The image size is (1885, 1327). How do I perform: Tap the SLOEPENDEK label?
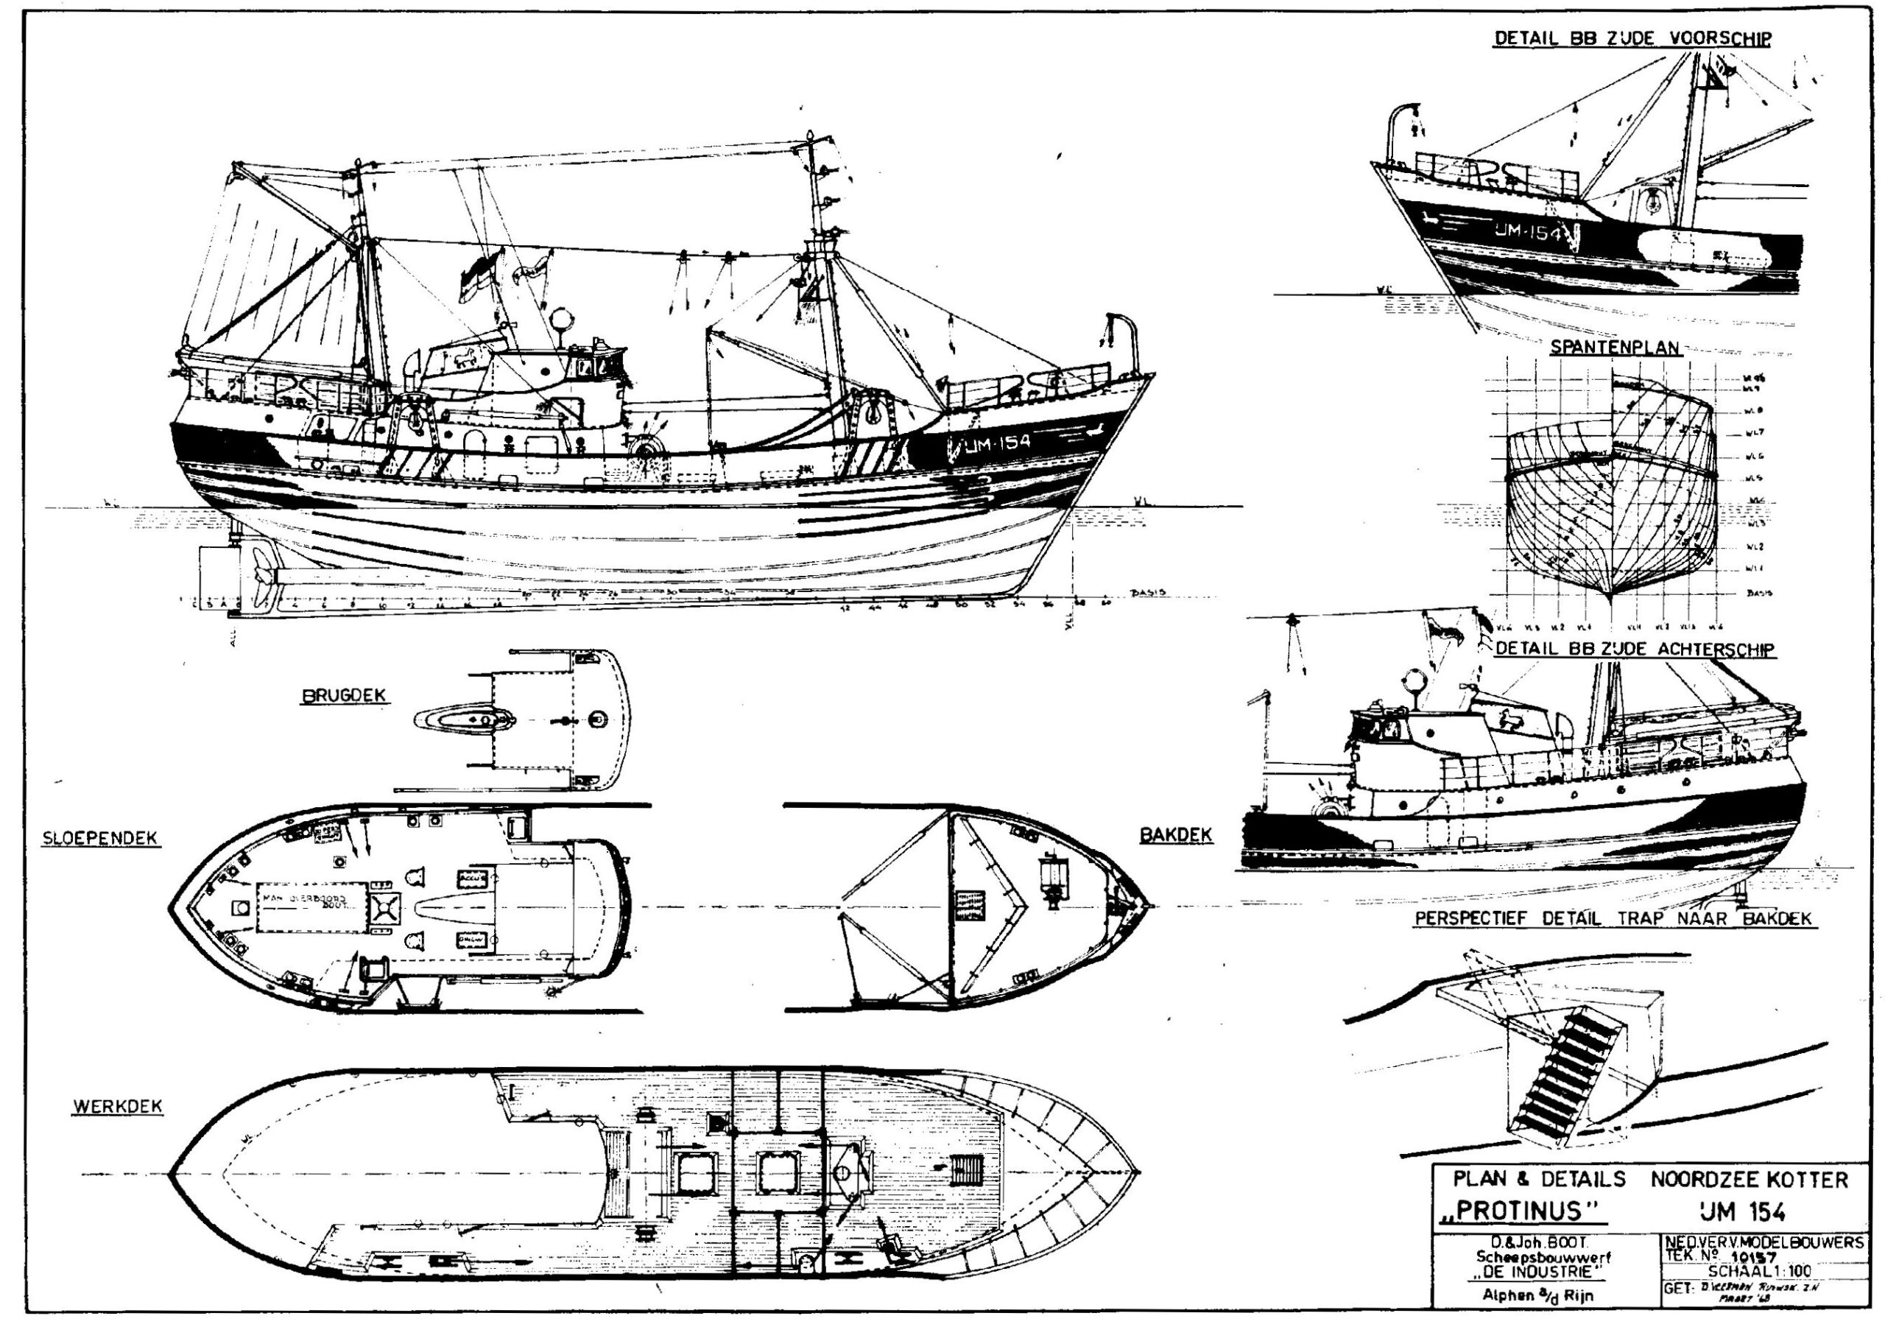tap(100, 839)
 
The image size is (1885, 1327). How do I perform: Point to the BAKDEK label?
tap(1176, 835)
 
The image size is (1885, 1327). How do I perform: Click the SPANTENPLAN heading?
tap(1615, 348)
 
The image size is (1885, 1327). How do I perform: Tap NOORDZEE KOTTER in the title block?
tap(1750, 1180)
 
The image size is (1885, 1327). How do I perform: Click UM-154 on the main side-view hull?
tap(998, 443)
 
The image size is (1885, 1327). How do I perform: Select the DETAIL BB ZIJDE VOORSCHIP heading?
tap(1632, 38)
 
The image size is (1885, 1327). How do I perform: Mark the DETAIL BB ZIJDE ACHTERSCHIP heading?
tap(1635, 649)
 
